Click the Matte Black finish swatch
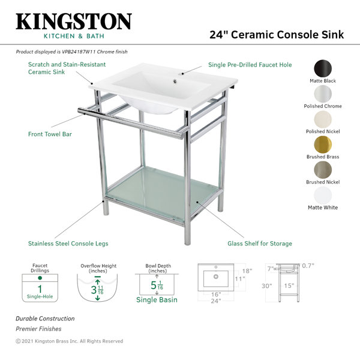(x=323, y=68)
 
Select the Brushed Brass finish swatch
(x=323, y=145)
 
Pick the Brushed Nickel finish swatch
(x=323, y=170)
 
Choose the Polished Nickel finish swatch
(x=323, y=119)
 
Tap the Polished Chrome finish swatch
(x=323, y=94)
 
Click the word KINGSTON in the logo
(x=74, y=22)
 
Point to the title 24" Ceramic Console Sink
(x=277, y=35)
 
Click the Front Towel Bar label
(x=50, y=134)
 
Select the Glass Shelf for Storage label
(x=260, y=244)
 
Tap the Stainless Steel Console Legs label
(x=68, y=244)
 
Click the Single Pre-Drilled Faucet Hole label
(x=250, y=65)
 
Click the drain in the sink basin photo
(x=175, y=81)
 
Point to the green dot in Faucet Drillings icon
(x=40, y=278)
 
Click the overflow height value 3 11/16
(x=97, y=290)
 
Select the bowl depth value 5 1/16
(x=157, y=285)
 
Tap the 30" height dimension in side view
(x=267, y=286)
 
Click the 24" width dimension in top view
(x=216, y=301)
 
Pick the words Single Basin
(x=157, y=299)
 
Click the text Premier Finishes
(x=38, y=329)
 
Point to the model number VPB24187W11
(x=79, y=52)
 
